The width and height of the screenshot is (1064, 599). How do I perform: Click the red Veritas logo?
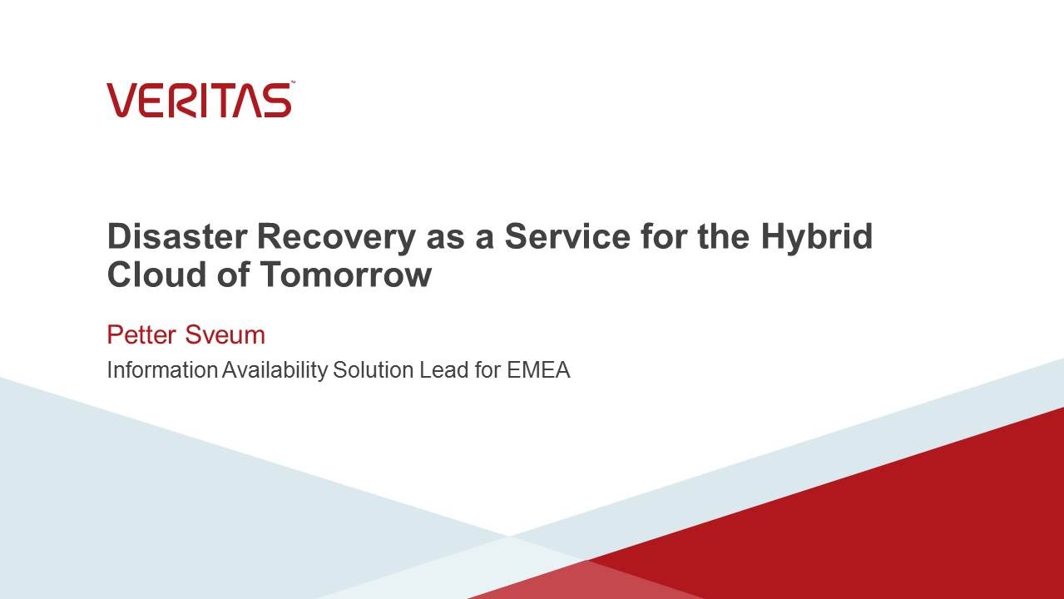(199, 100)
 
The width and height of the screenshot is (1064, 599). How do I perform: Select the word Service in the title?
(567, 236)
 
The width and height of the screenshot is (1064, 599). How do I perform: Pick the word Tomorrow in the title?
(346, 274)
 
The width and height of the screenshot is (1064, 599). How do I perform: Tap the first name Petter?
(141, 334)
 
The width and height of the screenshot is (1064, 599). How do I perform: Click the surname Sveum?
(225, 334)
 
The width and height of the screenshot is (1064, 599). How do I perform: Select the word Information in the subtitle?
(162, 369)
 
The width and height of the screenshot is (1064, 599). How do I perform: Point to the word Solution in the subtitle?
(374, 369)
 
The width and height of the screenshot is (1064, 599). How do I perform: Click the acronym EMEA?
(538, 369)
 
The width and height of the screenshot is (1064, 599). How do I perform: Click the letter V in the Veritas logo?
(122, 100)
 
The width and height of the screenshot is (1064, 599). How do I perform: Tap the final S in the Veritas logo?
(278, 100)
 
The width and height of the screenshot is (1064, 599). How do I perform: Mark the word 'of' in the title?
(233, 274)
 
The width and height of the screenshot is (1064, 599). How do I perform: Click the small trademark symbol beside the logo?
(294, 82)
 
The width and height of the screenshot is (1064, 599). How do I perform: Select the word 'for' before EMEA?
(487, 369)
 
